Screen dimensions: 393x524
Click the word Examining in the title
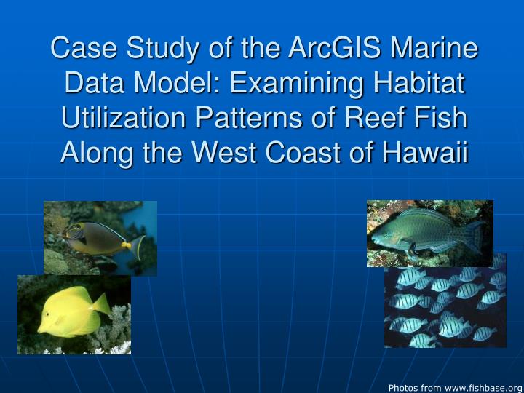pyautogui.click(x=290, y=84)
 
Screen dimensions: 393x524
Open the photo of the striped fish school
pyautogui.click(x=445, y=306)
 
